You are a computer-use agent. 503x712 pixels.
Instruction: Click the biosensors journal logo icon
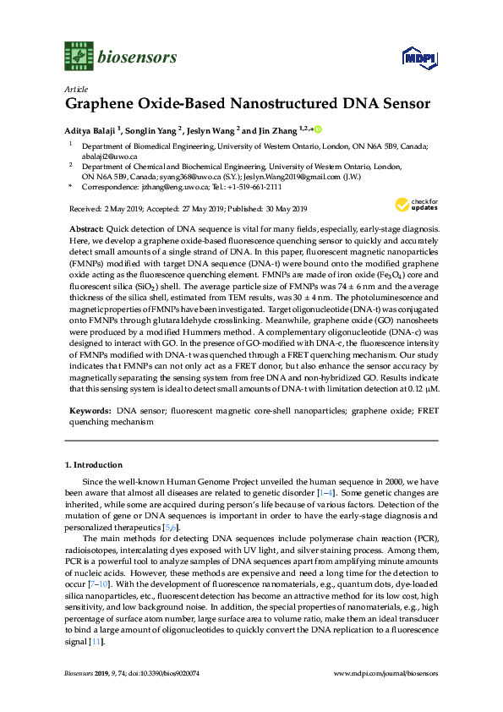point(77,58)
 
